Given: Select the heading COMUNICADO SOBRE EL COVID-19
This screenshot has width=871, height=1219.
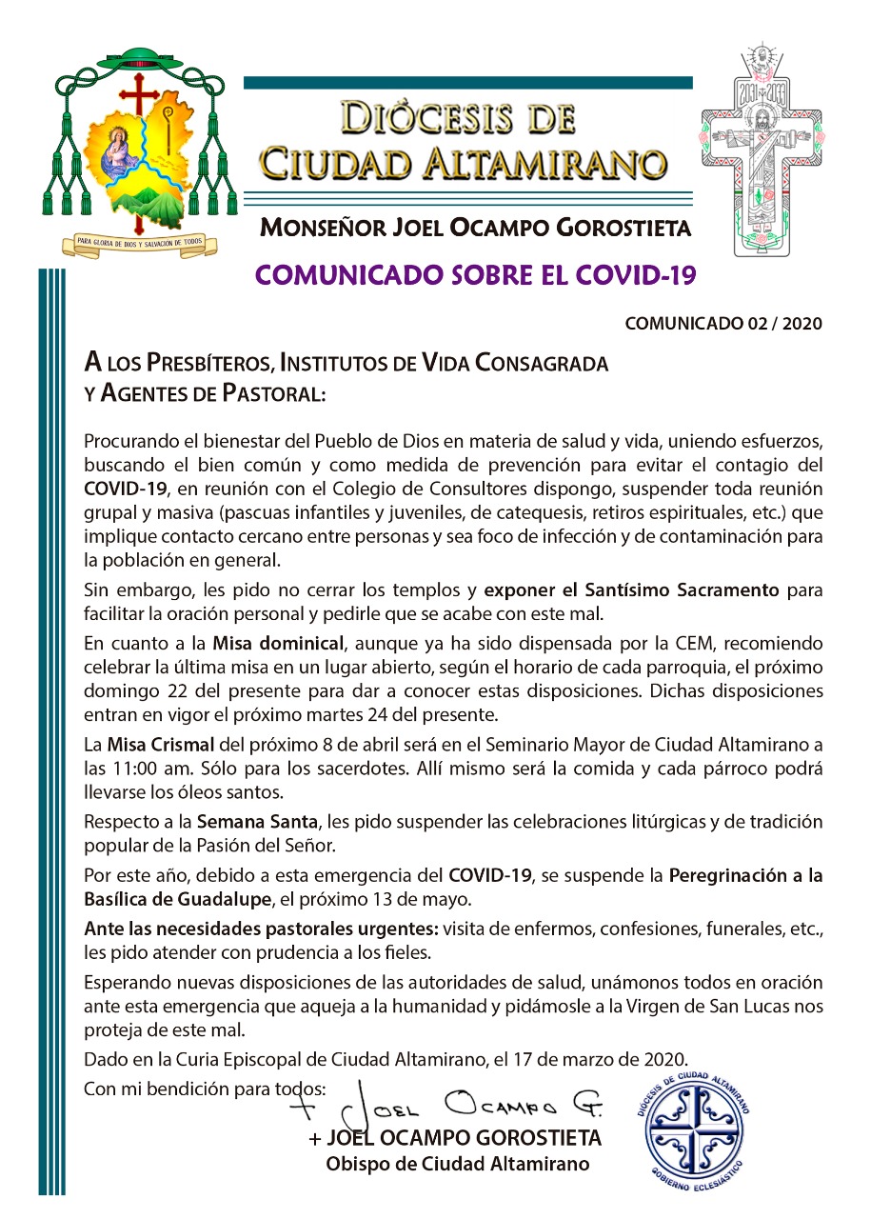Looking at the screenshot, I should click(x=476, y=275).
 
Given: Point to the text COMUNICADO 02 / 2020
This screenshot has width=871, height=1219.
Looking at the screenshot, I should click(x=723, y=324).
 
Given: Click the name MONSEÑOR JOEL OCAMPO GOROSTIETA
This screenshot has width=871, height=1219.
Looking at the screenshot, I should click(x=475, y=229).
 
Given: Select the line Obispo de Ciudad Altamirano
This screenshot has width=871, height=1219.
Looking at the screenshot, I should click(x=458, y=1164).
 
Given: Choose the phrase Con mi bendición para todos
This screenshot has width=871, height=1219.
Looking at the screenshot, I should click(x=205, y=1087).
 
